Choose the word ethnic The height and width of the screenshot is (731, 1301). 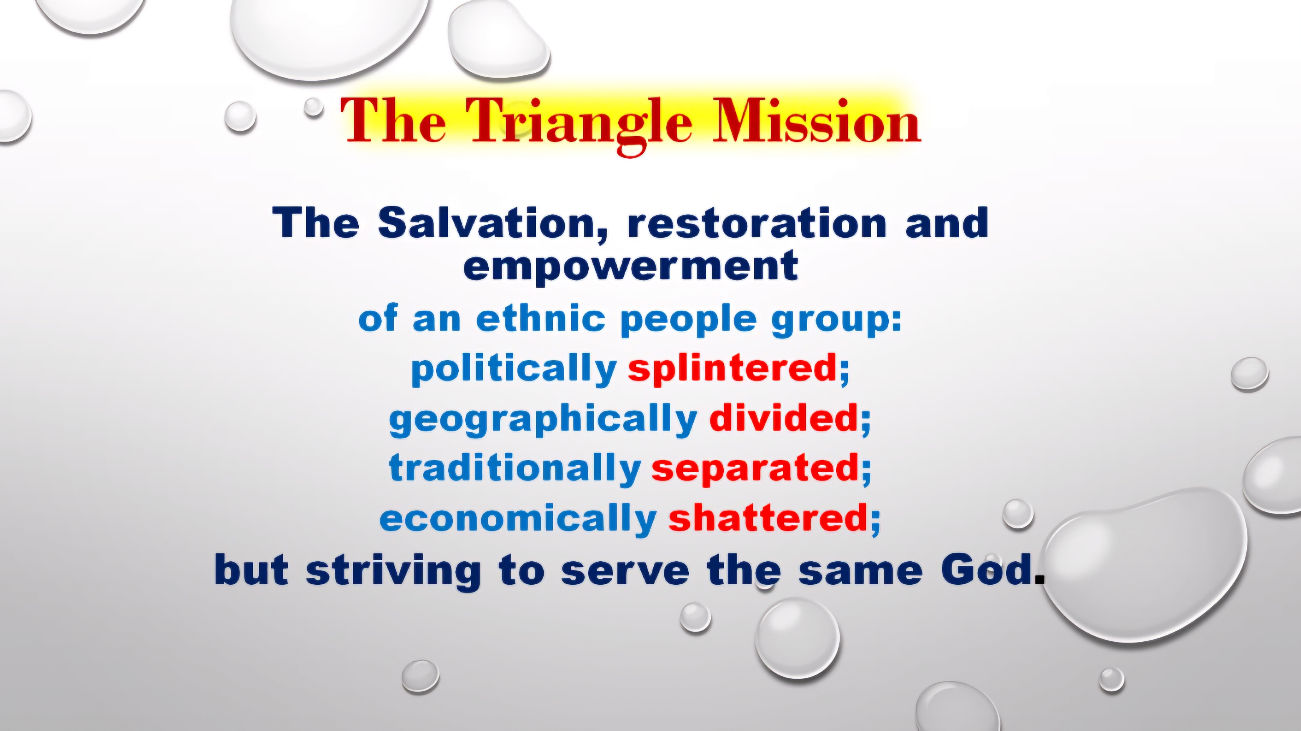[540, 318]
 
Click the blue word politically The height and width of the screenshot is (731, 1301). [514, 369]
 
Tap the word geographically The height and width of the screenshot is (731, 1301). [543, 419]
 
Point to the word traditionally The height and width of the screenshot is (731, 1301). [515, 468]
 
